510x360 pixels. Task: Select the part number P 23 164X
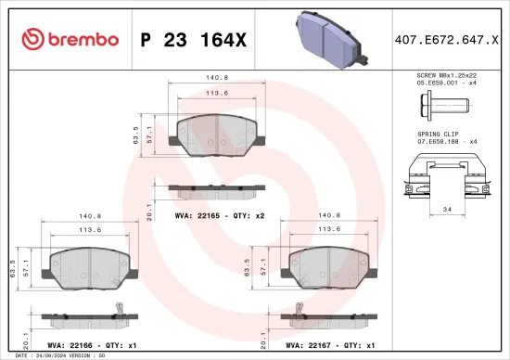192,39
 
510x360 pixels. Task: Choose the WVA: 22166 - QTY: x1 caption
89,344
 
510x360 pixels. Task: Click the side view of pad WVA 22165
215,188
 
